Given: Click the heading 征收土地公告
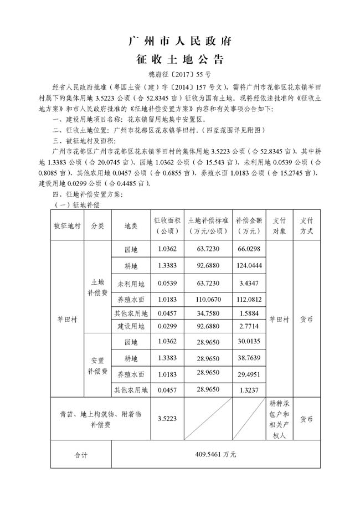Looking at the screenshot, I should [179, 59].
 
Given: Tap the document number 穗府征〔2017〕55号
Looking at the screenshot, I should [179, 74].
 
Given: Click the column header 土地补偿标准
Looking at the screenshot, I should [208, 225].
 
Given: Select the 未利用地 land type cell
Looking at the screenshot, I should [131, 284].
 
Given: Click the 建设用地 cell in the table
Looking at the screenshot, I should [131, 327].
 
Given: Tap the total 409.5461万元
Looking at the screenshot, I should [215, 454].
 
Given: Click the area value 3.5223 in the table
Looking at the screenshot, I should [167, 419].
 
